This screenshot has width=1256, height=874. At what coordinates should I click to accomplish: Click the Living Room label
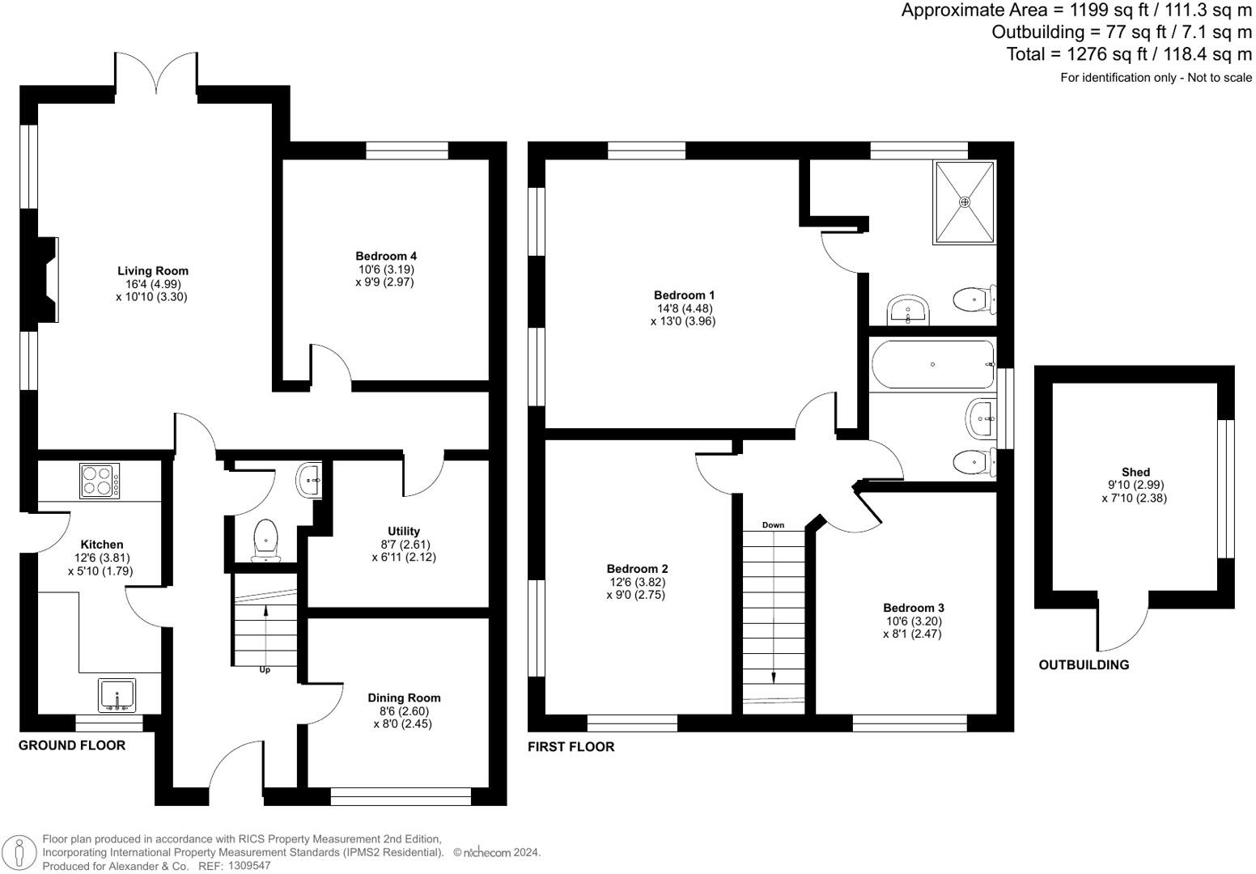152,271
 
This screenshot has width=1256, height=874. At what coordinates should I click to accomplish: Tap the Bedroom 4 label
385,256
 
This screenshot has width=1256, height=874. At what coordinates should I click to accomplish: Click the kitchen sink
117,695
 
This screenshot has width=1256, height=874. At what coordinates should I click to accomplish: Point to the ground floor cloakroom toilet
266,540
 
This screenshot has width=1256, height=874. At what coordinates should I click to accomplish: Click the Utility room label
404,531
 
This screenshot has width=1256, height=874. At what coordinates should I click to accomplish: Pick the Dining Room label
404,698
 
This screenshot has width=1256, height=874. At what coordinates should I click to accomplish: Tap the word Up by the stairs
265,669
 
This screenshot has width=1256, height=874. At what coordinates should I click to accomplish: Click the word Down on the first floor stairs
773,525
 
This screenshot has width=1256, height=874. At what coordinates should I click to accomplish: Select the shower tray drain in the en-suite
964,202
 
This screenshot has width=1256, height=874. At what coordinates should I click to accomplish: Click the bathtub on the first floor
932,365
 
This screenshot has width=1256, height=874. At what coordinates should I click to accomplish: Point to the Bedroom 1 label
684,295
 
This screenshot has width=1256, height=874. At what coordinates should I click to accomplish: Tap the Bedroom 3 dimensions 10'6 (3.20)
912,621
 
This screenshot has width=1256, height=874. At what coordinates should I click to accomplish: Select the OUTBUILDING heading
1084,665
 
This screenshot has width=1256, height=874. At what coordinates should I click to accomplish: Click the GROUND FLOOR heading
72,745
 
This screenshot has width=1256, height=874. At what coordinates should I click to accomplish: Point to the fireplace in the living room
47,280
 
